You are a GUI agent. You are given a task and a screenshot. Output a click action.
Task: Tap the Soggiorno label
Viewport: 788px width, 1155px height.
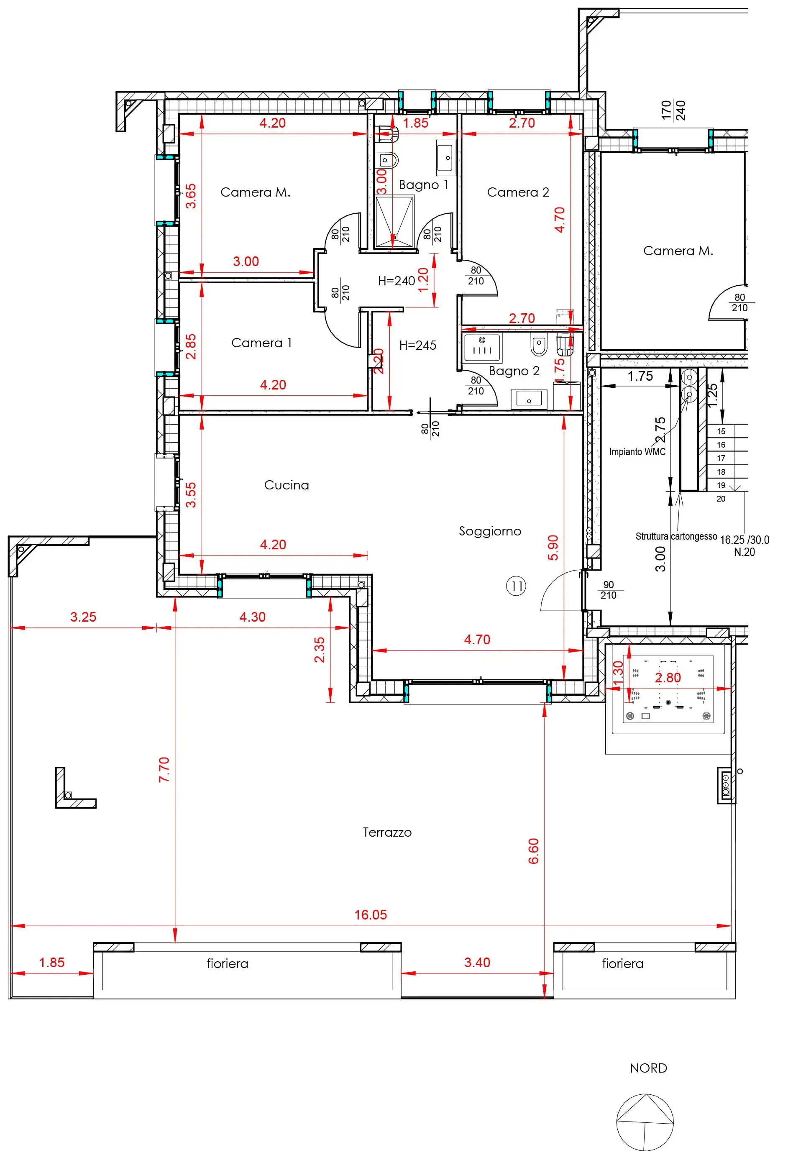coord(490,531)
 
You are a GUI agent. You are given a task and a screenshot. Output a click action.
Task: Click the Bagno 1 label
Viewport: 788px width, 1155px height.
coord(423,185)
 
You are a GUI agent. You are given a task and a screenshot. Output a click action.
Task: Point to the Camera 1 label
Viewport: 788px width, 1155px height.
coord(261,343)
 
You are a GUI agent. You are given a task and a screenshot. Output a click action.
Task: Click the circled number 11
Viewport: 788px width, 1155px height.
coord(516,586)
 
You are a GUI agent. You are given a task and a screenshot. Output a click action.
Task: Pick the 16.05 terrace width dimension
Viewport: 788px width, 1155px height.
coord(371,914)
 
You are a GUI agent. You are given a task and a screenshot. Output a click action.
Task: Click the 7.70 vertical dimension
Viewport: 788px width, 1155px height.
coord(164,770)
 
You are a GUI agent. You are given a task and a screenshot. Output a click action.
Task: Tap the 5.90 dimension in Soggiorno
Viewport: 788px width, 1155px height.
coord(553,548)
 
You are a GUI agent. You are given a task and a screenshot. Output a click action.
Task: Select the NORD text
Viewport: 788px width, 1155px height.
coord(648,1068)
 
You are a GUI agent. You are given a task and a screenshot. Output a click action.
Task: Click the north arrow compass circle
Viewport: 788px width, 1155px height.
coord(645,1122)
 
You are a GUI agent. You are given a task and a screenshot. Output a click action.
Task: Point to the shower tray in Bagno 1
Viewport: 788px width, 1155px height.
coord(394,221)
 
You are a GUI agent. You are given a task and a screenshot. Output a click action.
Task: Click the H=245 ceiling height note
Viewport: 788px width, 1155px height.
coord(418,346)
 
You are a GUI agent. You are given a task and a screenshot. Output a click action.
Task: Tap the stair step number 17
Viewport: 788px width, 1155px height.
coord(721,458)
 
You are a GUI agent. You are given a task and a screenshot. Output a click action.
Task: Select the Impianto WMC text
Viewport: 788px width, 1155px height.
coord(637,452)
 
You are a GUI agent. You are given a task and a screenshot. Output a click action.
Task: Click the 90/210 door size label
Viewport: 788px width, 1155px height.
coord(609,590)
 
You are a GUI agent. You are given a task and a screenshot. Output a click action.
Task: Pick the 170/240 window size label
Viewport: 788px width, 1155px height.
coord(674,110)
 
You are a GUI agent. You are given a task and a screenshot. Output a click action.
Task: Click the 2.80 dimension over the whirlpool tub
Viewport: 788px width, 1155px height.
coord(668,677)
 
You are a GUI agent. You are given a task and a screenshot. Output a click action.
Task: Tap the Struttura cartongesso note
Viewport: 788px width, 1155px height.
coord(676,536)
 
